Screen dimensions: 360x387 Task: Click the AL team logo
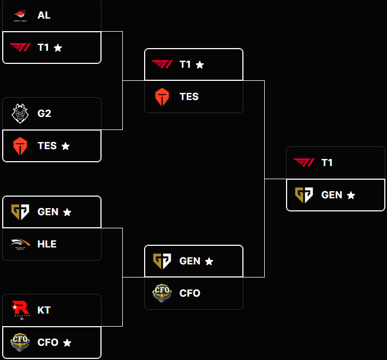click(20, 15)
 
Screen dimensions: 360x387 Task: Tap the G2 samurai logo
click(20, 114)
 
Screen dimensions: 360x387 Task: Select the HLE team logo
click(20, 244)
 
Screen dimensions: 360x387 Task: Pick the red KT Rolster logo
click(20, 310)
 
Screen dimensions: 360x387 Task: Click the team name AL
click(44, 15)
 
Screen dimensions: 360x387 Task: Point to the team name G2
click(44, 114)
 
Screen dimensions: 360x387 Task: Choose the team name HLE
click(47, 244)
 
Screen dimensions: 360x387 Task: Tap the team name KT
click(44, 310)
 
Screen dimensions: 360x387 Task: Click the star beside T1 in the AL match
click(58, 48)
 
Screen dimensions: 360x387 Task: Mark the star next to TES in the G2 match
click(66, 146)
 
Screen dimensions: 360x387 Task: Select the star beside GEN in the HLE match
click(67, 212)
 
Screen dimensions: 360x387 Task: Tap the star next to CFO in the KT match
click(67, 343)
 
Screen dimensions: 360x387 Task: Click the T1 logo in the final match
click(304, 162)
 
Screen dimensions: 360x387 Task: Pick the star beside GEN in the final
click(351, 196)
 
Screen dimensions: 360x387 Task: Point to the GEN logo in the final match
click(304, 195)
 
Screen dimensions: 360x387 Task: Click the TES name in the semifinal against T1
click(189, 97)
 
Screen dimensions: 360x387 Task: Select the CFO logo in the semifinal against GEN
click(162, 293)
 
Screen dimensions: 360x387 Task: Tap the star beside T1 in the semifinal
click(200, 65)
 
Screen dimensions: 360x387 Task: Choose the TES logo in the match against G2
click(20, 146)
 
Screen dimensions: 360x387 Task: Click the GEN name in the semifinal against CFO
click(190, 261)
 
